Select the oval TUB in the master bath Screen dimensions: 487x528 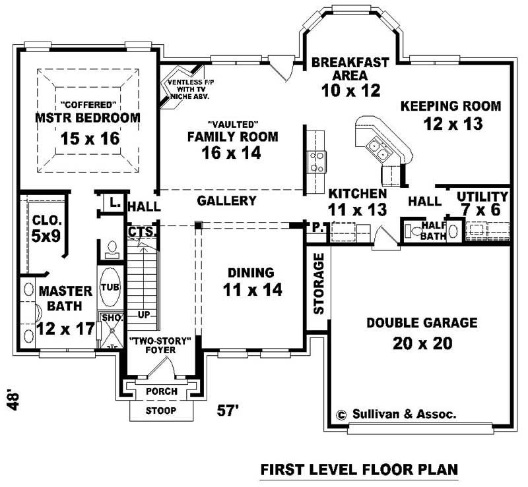pyautogui.click(x=109, y=288)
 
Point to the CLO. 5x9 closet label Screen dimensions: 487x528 pyautogui.click(x=46, y=227)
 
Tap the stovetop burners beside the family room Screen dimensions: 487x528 pyautogui.click(x=316, y=162)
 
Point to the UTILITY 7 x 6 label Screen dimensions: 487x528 pyautogui.click(x=482, y=203)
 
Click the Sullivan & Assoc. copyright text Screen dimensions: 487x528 pyautogui.click(x=396, y=415)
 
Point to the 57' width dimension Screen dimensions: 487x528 pyautogui.click(x=228, y=411)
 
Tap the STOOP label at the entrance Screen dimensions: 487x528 pyautogui.click(x=161, y=411)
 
